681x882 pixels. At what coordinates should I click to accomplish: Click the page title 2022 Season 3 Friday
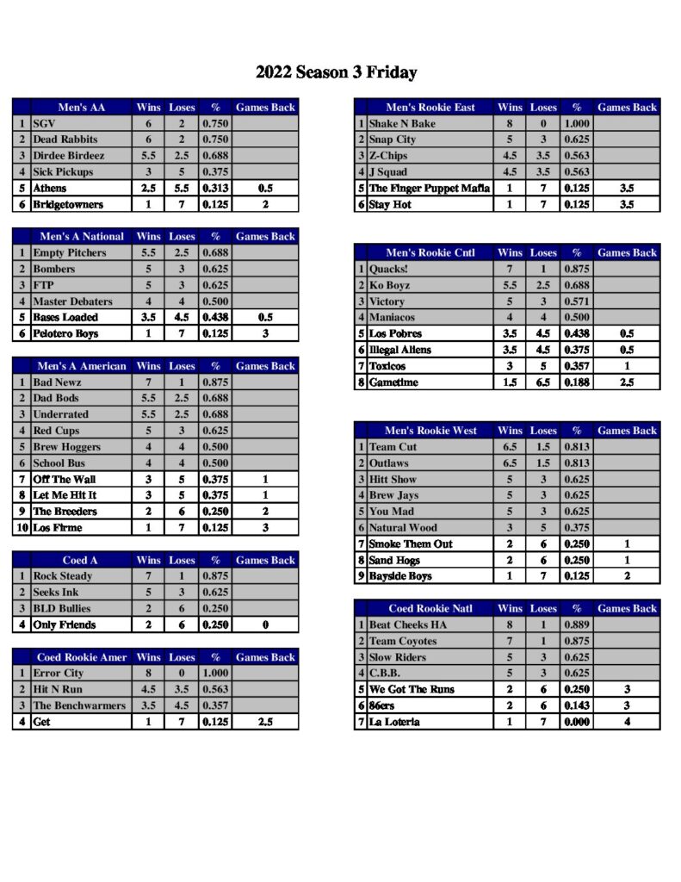pos(336,72)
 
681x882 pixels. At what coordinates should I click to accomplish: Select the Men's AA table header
pos(82,108)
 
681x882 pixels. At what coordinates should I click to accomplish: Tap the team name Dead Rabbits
pos(65,140)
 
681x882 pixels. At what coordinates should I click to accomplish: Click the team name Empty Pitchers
pos(70,253)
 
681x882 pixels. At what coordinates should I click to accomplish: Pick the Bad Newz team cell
pos(58,382)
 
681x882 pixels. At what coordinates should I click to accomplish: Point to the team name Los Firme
pos(57,528)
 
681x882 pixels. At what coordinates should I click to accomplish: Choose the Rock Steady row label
pos(64,576)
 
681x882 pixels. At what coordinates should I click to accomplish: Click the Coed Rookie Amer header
pos(82,657)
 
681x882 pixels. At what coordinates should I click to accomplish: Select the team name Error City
pos(59,674)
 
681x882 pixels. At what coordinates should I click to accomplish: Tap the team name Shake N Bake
pos(402,124)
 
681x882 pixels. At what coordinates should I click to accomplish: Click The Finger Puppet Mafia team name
pos(429,189)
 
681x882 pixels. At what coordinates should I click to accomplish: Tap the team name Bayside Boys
pos(400,576)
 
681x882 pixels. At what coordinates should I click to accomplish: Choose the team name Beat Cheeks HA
pos(408,625)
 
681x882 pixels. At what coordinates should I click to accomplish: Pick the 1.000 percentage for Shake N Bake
pos(577,124)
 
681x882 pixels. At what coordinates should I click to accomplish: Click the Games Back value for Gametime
pos(627,382)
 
